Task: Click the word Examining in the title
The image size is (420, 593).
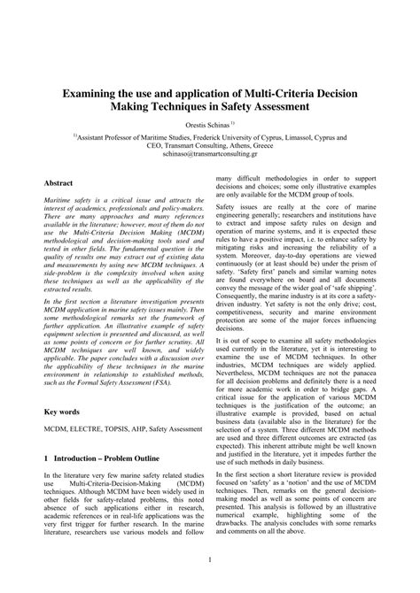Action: pyautogui.click(x=91, y=91)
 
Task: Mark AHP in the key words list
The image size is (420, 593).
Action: pyautogui.click(x=159, y=429)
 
